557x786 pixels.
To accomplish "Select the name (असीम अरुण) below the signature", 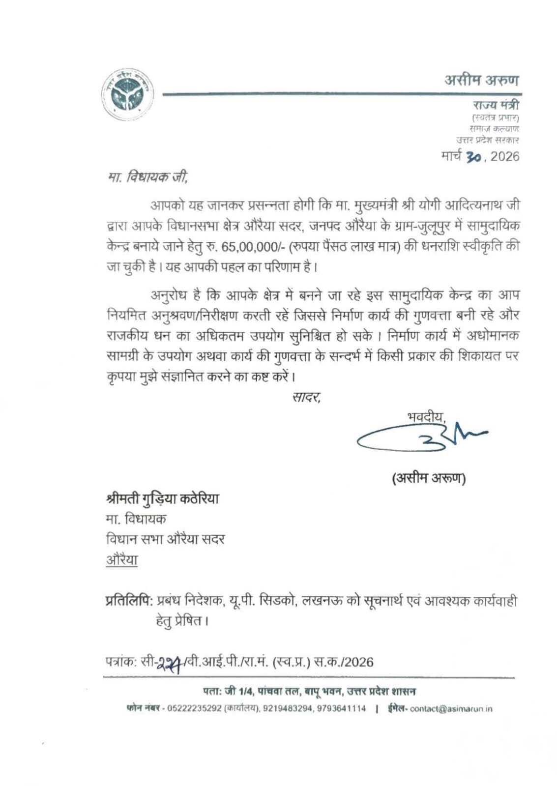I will pyautogui.click(x=429, y=478).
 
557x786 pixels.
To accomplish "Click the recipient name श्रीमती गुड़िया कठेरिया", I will pyautogui.click(x=163, y=499).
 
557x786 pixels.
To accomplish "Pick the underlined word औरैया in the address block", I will pyautogui.click(x=122, y=560).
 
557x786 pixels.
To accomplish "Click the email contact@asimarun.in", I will pyautogui.click(x=451, y=709).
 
